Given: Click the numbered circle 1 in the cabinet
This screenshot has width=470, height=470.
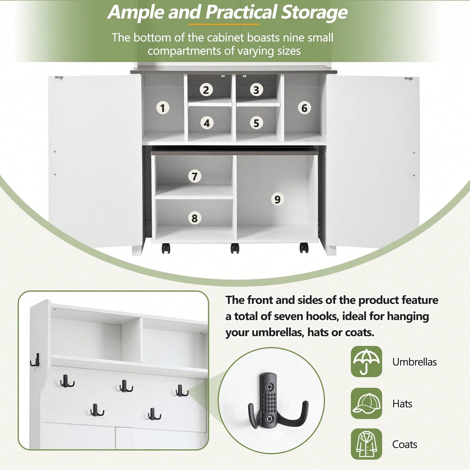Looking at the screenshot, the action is coord(163,108).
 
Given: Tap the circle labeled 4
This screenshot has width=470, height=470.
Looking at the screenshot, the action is coord(207,123).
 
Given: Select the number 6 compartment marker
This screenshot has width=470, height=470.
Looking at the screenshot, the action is coord(304,108).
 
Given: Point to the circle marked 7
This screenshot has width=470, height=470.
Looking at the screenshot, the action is coord(195,176).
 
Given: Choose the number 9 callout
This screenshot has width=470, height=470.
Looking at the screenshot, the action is coord(277,199).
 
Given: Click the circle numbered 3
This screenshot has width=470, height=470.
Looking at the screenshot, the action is coord(256,90).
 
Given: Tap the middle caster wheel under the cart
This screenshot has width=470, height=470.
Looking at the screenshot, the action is coord(235,248).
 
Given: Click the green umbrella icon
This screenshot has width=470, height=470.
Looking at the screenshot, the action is coord(366,361).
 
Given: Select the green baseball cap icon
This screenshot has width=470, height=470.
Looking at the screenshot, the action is coord(366,403).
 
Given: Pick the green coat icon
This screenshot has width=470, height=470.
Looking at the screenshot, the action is coord(366,444).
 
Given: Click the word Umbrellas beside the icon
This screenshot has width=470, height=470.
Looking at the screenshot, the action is coord(414,362).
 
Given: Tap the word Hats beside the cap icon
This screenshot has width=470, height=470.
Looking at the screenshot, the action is coord(402,404).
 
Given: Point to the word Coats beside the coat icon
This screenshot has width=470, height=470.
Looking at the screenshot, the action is coord(405,444).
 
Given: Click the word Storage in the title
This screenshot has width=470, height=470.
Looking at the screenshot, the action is coord(314,12).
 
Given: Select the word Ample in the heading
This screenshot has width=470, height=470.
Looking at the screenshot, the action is coord(136,12).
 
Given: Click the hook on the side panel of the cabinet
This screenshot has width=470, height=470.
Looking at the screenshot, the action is coord(35,360).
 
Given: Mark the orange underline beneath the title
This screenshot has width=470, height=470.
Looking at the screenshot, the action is coord(224,24).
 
